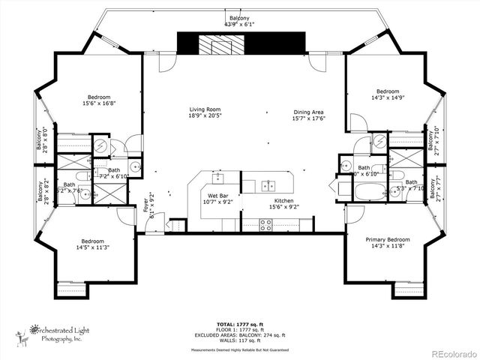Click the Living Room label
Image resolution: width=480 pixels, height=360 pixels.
point(203,110)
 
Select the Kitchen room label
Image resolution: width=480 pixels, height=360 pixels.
point(283,201)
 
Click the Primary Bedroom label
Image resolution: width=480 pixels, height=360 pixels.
point(385,240)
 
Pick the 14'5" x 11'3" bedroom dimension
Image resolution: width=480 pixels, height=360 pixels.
point(93,247)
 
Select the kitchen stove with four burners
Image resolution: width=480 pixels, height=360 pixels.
point(265,224)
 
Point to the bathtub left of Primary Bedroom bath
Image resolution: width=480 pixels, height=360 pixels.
point(370,191)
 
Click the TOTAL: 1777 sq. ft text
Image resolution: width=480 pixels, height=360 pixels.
point(240,323)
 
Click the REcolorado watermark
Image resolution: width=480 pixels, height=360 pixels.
point(451,352)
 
